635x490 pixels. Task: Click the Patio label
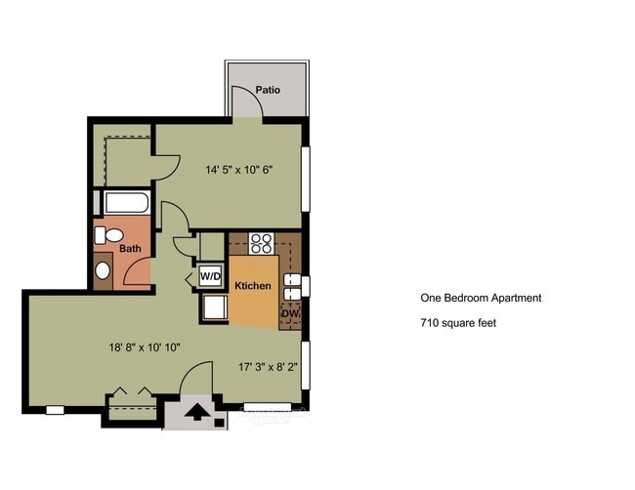pyautogui.click(x=268, y=90)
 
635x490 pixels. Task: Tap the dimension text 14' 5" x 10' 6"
pyautogui.click(x=238, y=169)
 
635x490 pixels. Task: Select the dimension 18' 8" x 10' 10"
pyautogui.click(x=144, y=347)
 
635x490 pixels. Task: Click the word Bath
pyautogui.click(x=131, y=249)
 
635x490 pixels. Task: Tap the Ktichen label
pyautogui.click(x=252, y=285)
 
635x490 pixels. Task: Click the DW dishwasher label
pyautogui.click(x=290, y=313)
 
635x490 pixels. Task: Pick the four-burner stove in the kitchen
pyautogui.click(x=260, y=243)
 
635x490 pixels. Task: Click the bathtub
pyautogui.click(x=126, y=204)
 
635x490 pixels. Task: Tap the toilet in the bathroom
pyautogui.click(x=110, y=235)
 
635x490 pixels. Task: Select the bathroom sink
pyautogui.click(x=103, y=270)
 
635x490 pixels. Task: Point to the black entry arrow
pyautogui.click(x=196, y=411)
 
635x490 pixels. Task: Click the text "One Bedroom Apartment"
pyautogui.click(x=480, y=299)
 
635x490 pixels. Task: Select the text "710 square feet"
pyautogui.click(x=458, y=322)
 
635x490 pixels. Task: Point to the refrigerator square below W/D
pyautogui.click(x=213, y=307)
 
